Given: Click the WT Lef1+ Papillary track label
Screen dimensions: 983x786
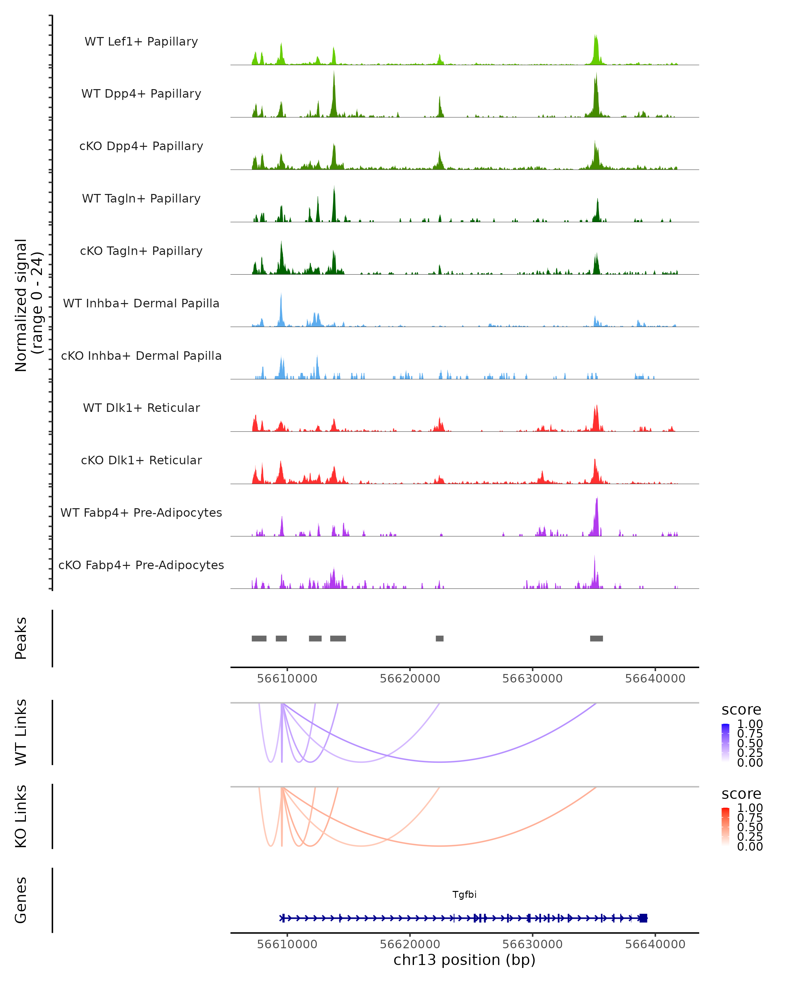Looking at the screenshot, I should point(141,42).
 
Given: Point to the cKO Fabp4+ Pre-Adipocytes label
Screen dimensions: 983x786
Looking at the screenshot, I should point(141,565).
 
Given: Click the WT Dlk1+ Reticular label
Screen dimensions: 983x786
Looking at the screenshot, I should point(141,408).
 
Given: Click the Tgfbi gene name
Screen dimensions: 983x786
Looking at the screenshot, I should point(464,895).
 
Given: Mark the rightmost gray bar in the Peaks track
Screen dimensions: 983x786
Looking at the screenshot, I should point(596,638).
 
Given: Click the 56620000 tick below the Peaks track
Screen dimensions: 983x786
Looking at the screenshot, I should point(410,679).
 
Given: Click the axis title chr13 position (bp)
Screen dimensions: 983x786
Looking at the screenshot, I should point(464,960).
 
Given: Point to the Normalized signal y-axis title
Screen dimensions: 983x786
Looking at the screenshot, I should point(28,305).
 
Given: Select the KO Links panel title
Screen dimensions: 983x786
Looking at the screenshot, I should point(21,816).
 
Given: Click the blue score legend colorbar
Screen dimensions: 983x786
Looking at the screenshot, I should point(725,742).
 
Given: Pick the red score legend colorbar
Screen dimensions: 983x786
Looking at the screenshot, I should point(725,826).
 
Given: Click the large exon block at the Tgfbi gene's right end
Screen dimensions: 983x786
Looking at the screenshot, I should point(643,918).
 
